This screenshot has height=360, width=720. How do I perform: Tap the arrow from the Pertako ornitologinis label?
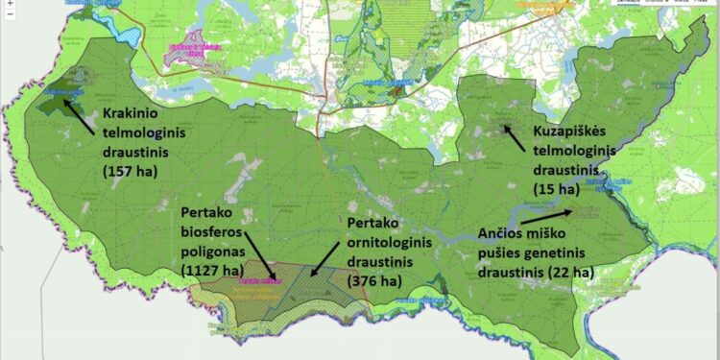pos(325,256)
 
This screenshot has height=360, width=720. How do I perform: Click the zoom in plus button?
pos(9,5)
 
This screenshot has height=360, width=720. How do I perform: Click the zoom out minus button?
pos(9,15)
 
